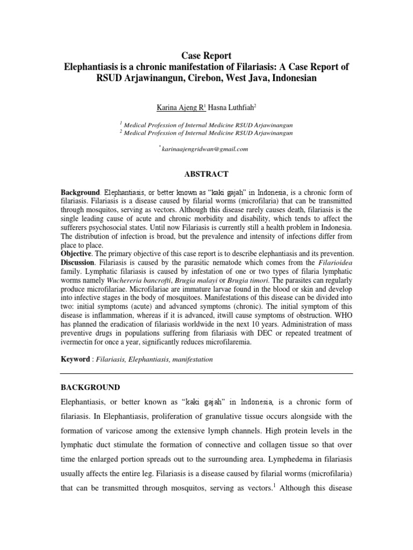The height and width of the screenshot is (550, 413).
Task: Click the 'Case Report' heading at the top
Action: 206,56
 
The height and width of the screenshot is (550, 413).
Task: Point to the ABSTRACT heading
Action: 206,174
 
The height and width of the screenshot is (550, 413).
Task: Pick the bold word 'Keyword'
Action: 75,358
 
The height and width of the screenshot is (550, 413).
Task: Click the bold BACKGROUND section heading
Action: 90,387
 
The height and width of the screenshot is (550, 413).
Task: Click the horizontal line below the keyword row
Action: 206,373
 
